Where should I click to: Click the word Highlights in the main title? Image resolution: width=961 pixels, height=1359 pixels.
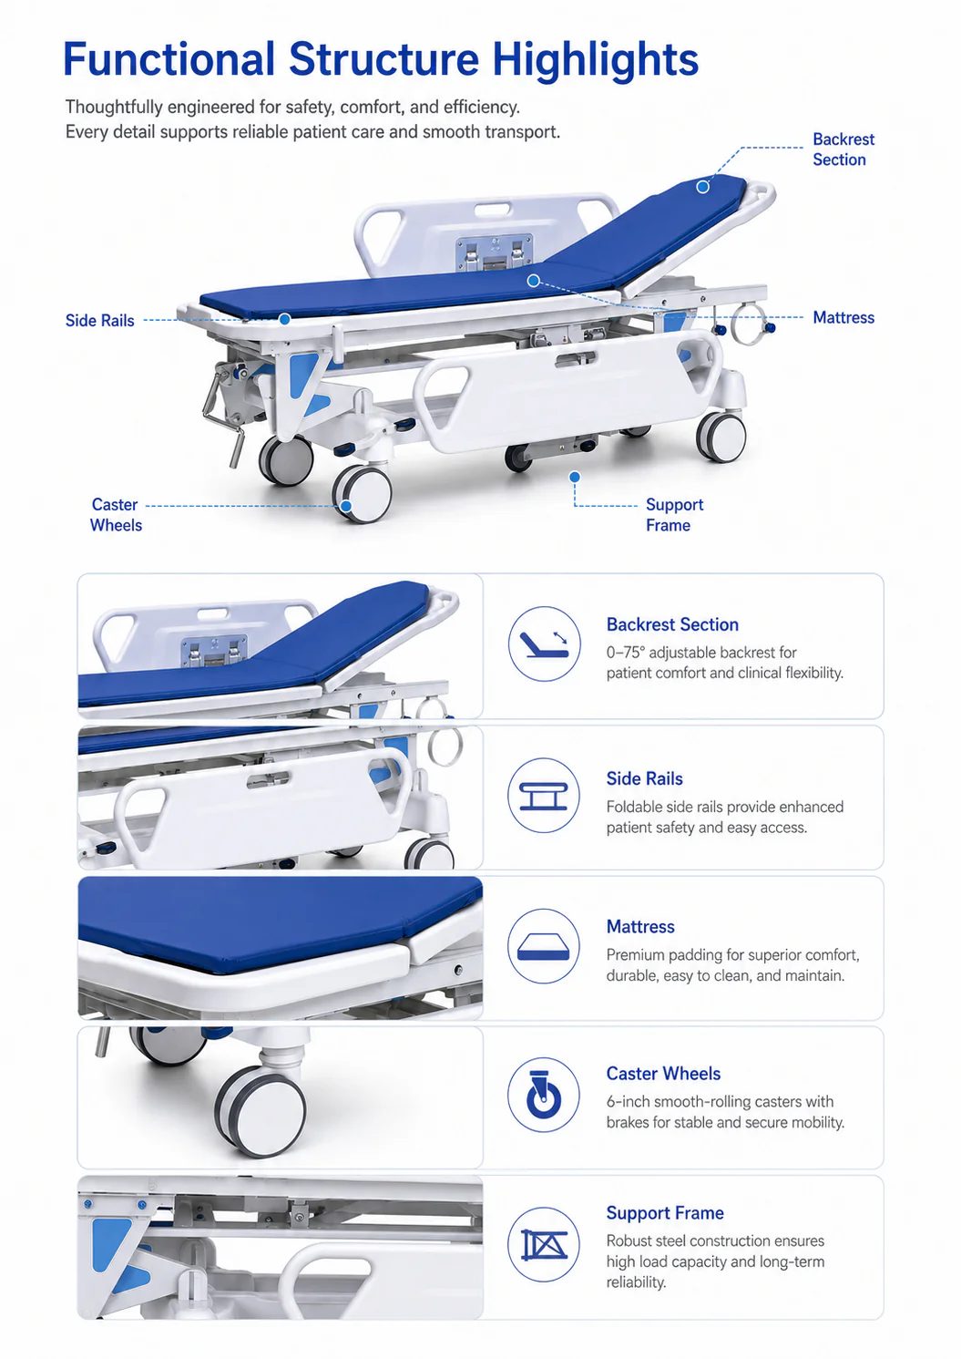click(596, 60)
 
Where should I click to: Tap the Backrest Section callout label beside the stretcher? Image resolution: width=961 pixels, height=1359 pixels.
click(843, 149)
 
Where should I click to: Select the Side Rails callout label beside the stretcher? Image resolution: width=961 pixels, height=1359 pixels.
click(100, 320)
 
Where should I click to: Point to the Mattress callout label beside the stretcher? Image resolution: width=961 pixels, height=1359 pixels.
click(843, 317)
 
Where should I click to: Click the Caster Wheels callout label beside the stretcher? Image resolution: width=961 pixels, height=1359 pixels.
click(116, 514)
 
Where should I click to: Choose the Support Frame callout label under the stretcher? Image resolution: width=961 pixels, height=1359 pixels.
click(674, 514)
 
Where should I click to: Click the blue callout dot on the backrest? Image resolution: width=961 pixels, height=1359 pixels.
click(702, 187)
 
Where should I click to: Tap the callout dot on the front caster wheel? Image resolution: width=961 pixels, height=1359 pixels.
click(345, 506)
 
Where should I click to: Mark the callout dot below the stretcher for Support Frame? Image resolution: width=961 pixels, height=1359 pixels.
click(575, 478)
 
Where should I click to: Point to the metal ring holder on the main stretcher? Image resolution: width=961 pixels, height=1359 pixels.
click(748, 324)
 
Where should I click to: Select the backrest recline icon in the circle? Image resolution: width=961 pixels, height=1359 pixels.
click(544, 643)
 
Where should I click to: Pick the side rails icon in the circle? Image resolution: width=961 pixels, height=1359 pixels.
click(544, 796)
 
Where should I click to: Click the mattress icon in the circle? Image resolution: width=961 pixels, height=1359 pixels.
click(544, 946)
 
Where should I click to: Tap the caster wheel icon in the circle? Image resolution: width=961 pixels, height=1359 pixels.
click(544, 1095)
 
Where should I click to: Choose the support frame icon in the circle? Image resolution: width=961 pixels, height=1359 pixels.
click(544, 1244)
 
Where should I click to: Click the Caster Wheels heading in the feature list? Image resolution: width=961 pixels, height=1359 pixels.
click(663, 1073)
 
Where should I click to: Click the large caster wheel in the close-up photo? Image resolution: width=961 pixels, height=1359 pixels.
click(261, 1111)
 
